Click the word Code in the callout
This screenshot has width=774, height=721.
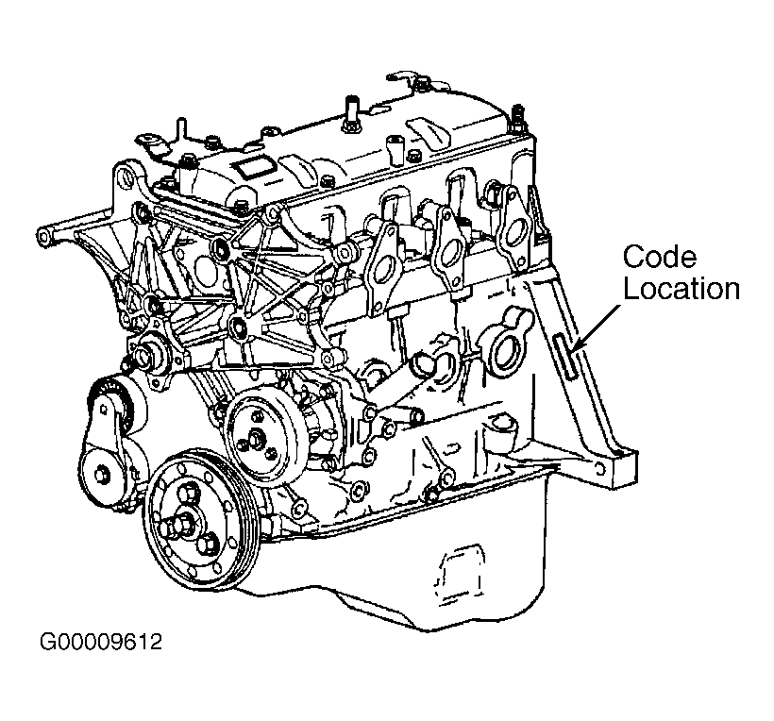[x=658, y=257]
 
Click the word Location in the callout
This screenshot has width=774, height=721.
[x=680, y=288]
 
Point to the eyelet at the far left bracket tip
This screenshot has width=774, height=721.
[x=43, y=232]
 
